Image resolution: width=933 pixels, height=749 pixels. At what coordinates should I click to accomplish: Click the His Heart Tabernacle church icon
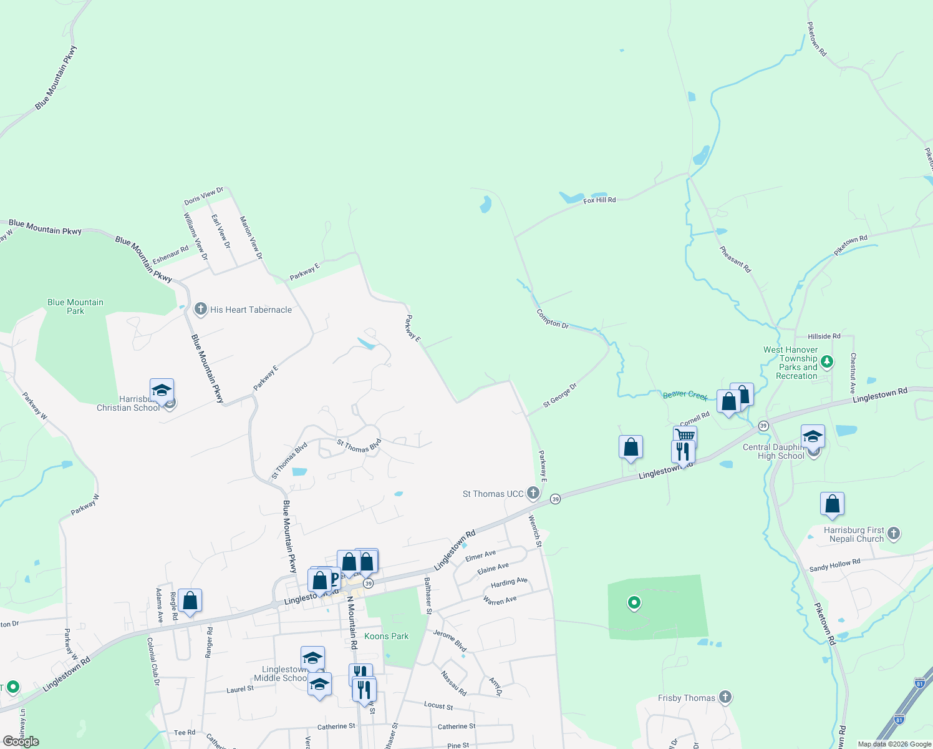(x=201, y=309)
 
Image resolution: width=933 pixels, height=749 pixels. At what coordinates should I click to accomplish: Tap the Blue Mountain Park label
(x=75, y=306)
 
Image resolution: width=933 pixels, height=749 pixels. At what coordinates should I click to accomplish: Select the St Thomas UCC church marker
(x=533, y=494)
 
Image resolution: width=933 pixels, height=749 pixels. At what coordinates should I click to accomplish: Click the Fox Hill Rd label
(x=599, y=200)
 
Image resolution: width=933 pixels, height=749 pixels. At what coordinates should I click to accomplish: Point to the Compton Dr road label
(x=553, y=320)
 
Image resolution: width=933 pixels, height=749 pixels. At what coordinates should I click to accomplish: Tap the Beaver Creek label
(x=685, y=394)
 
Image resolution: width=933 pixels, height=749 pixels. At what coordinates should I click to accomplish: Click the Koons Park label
(x=386, y=636)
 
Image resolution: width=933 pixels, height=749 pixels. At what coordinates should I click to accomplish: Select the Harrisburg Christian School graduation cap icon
(x=162, y=391)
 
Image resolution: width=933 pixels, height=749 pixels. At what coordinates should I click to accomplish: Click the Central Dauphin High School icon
(x=813, y=437)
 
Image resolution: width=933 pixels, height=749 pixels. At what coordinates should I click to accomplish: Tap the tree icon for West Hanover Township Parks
(x=827, y=361)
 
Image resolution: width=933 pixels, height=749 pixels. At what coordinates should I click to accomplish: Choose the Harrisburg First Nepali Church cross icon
(x=893, y=533)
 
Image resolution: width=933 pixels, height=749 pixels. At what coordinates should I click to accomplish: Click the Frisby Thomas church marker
(x=725, y=697)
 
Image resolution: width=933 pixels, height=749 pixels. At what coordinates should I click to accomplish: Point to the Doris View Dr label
(x=203, y=196)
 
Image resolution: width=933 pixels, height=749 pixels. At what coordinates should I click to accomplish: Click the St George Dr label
(x=559, y=396)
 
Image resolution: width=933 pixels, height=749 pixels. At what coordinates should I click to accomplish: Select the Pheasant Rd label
(x=735, y=259)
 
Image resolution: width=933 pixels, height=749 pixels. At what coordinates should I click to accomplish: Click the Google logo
(x=21, y=742)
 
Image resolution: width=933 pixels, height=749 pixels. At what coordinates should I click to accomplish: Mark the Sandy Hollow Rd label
(x=834, y=565)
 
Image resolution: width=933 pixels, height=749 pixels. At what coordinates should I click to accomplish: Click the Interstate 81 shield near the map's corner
(x=921, y=682)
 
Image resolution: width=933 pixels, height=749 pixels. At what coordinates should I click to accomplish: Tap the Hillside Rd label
(x=824, y=336)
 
